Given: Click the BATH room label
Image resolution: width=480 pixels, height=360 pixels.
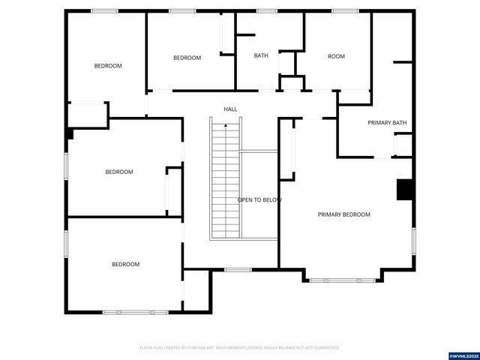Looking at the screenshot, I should pos(261,55).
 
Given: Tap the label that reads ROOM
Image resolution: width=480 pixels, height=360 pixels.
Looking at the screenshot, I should pos(336,56).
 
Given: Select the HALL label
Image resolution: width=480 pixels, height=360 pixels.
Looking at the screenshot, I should pos(230,109).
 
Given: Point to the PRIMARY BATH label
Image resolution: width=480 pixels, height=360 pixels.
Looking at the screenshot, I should pos(387,122).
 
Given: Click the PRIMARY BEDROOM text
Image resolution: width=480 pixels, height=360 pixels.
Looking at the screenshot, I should pos(343,214).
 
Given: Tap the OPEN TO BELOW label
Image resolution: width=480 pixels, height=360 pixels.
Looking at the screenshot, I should pos(259,200).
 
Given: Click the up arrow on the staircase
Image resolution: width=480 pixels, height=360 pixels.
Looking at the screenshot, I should pos(226,125).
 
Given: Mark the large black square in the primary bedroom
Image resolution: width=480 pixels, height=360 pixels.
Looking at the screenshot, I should pos(405,190).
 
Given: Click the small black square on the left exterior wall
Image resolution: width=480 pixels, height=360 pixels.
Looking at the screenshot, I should pos(69,133).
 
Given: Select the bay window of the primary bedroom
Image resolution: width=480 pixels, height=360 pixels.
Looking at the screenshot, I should pos(343,280).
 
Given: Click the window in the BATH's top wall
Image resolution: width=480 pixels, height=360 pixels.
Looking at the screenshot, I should pos(266,11).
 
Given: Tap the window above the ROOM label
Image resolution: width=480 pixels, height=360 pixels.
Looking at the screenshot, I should pos(345,11).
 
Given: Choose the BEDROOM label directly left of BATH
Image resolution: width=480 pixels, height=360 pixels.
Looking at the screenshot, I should pos(187,58).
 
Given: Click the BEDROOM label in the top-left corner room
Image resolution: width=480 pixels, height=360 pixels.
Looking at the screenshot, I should pos(107,66).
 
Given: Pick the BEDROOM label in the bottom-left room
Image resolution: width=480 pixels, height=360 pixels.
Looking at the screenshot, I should pos(125,264).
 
